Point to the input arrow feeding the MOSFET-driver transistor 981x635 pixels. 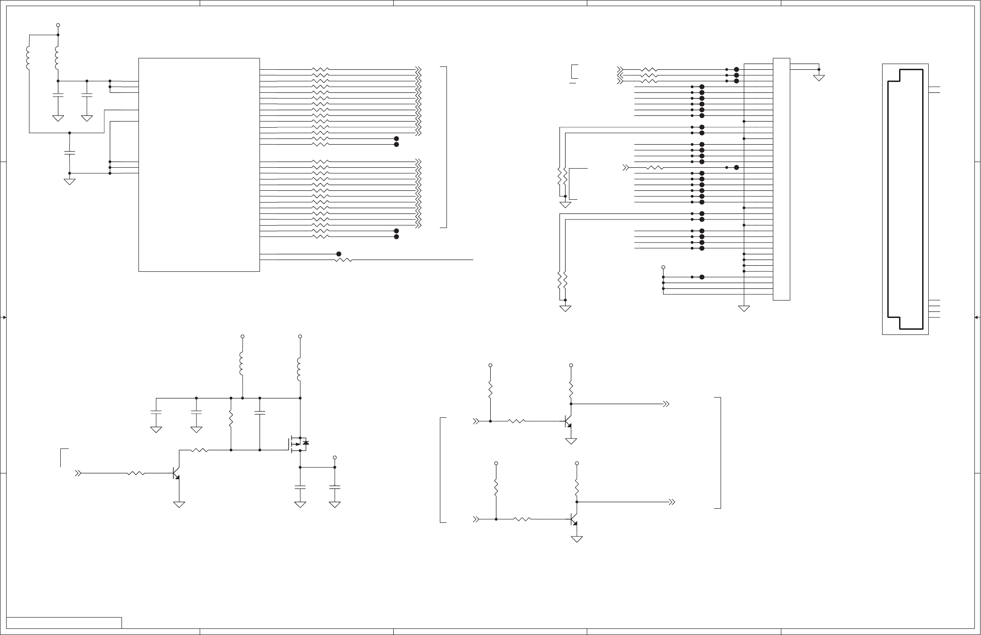click(x=79, y=473)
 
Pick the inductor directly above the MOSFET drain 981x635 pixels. click(x=300, y=370)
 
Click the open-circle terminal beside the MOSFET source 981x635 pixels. click(x=335, y=457)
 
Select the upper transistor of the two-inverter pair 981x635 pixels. click(x=568, y=422)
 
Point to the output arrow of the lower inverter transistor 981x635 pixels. click(x=673, y=502)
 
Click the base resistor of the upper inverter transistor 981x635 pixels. click(x=517, y=421)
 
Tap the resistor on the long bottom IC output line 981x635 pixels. click(x=344, y=260)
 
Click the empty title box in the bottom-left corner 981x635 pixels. click(x=64, y=623)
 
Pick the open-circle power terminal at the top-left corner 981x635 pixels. click(x=58, y=25)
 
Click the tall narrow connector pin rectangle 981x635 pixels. click(x=781, y=179)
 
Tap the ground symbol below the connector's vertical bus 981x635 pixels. click(x=744, y=309)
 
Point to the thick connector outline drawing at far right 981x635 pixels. click(x=905, y=199)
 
